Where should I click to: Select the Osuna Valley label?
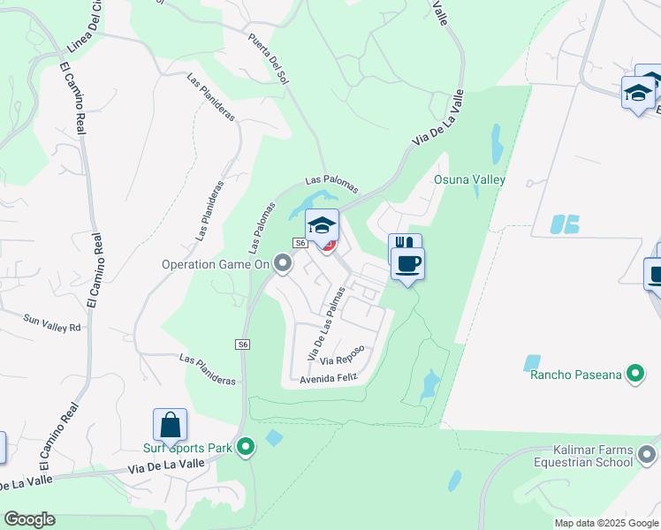coord(469,179)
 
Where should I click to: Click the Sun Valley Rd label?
coord(52,323)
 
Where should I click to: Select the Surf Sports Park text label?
coord(188,449)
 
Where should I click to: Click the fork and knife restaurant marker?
coord(404,244)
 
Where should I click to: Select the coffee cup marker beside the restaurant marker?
coord(407,263)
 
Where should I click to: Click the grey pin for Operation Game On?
coord(283,263)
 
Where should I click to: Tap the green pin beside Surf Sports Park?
coord(247,449)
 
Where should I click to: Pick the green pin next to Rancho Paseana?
coord(634,375)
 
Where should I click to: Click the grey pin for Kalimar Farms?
coord(647,456)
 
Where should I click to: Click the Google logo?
coord(29,519)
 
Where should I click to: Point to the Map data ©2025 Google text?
coord(605,523)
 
